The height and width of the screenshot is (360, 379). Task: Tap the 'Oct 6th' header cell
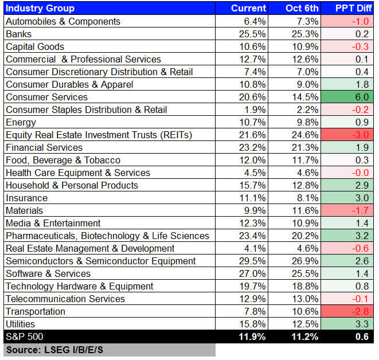point(302,8)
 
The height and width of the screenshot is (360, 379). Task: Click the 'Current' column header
point(248,8)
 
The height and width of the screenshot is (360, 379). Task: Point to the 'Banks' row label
point(18,34)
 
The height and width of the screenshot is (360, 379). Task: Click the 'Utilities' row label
point(21,324)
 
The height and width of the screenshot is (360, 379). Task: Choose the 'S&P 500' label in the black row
point(24,336)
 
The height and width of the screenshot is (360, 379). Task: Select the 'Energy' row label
point(21,122)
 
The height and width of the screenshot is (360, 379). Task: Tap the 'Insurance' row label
point(26,198)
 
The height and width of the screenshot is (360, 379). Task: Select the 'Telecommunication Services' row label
point(65,299)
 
